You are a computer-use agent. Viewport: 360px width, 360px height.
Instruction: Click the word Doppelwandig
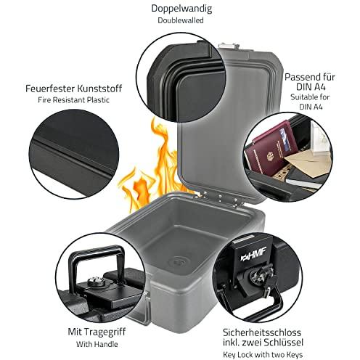(x=181, y=9)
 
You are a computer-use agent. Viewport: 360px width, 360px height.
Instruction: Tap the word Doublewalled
(x=181, y=20)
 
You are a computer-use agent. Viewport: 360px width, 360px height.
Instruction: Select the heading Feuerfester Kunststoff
(x=73, y=89)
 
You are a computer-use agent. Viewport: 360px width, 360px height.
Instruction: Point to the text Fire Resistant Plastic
(x=73, y=100)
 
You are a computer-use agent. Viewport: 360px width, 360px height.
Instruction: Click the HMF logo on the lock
(x=253, y=253)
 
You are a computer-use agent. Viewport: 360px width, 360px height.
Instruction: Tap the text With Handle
(x=97, y=344)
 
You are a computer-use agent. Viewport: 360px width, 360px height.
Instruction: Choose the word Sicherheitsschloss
(x=262, y=332)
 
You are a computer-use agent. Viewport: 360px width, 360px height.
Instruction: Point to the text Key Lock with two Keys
(x=263, y=355)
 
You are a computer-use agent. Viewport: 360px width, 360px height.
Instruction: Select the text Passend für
(x=310, y=77)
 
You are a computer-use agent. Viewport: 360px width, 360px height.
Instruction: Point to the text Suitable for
(x=310, y=97)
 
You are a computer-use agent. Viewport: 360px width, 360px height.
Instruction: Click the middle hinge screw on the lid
(x=220, y=197)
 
